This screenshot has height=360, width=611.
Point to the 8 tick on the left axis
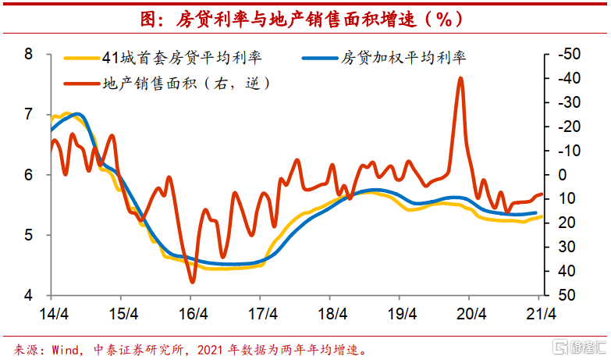click(29, 55)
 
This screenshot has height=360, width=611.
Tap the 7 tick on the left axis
click(29, 115)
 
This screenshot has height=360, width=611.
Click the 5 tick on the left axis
click(29, 235)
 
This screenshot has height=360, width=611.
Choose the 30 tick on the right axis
click(567, 248)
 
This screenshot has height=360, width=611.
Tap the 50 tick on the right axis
click(567, 295)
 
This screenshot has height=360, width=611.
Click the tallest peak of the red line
click(460, 78)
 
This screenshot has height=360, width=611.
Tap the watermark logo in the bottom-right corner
click(577, 346)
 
